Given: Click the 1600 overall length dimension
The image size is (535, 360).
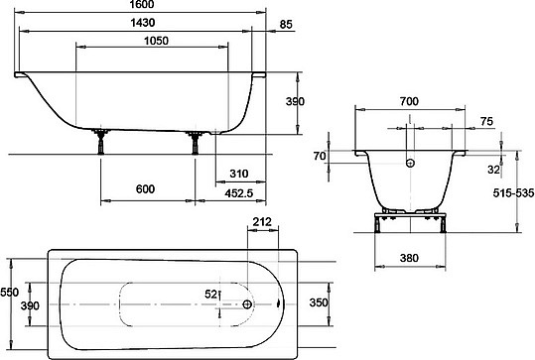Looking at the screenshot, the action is click(x=142, y=4).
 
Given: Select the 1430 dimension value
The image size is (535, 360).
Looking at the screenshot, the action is click(x=143, y=23).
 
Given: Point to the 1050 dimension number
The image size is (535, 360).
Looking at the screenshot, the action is click(x=156, y=41).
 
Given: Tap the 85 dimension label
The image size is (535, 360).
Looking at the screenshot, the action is click(x=286, y=25).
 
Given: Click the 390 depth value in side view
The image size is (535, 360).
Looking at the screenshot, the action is click(x=295, y=101).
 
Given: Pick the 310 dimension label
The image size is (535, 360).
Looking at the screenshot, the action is click(x=239, y=174).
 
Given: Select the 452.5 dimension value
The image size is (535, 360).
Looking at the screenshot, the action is click(x=239, y=193).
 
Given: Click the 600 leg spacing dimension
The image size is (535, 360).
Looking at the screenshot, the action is click(x=145, y=188).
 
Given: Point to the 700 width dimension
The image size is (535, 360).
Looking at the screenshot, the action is click(x=409, y=101).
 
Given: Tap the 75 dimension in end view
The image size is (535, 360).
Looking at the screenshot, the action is click(x=487, y=121).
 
